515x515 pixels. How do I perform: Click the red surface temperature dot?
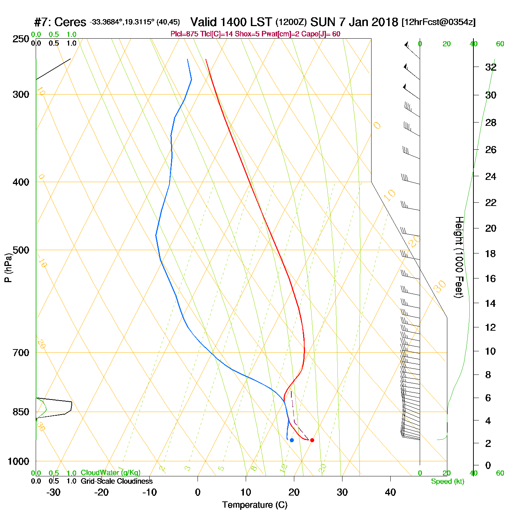point(312,440)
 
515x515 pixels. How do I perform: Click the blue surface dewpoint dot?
point(292,440)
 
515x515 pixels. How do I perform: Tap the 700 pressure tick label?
point(21,353)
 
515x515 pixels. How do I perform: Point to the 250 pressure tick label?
point(21,39)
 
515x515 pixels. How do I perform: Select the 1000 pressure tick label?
point(18,461)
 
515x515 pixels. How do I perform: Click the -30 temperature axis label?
point(53,492)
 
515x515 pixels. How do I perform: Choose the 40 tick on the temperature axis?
point(390,492)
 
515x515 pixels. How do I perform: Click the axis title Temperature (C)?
point(255,505)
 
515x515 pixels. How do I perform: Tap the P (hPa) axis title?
point(8,267)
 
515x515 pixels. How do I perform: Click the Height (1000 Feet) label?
point(459,257)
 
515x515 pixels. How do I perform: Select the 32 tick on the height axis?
point(491,67)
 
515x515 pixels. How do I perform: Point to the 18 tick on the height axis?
point(491,253)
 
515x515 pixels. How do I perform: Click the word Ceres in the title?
point(70,22)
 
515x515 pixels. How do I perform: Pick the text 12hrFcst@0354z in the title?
point(438,22)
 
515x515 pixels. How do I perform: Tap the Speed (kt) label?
point(448,482)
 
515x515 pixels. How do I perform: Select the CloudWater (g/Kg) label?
point(110,473)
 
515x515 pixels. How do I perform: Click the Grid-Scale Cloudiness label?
point(117,481)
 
